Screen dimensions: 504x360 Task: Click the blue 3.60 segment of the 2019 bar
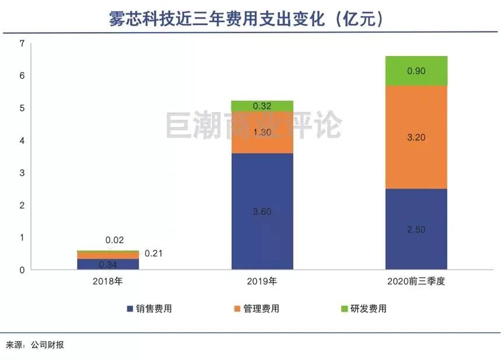tap(262, 211)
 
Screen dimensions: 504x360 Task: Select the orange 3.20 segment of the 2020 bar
tap(416, 137)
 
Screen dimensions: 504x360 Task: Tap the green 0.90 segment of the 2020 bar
tap(416, 71)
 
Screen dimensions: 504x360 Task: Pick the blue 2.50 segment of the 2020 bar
tap(416, 229)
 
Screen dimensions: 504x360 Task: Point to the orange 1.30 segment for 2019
tap(262, 132)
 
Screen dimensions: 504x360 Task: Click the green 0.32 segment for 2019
tap(262, 106)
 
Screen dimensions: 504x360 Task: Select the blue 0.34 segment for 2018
tap(108, 264)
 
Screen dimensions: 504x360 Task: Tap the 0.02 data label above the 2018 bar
tap(114, 240)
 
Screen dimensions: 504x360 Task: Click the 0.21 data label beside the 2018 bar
tap(153, 254)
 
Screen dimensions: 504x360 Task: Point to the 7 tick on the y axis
tap(22, 43)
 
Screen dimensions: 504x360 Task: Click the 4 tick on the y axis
tap(22, 141)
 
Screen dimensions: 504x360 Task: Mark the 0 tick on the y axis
tap(22, 270)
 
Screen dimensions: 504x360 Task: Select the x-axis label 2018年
tap(108, 282)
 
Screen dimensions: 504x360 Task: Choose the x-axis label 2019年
tap(262, 282)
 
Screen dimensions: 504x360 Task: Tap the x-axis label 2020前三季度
tap(416, 282)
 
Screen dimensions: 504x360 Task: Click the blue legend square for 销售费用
tap(130, 309)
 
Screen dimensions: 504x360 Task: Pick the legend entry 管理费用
tap(257, 309)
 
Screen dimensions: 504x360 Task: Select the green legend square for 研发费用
tap(344, 309)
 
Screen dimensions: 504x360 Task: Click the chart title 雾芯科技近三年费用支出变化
tap(216, 19)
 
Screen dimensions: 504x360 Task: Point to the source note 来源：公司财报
tap(35, 345)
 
